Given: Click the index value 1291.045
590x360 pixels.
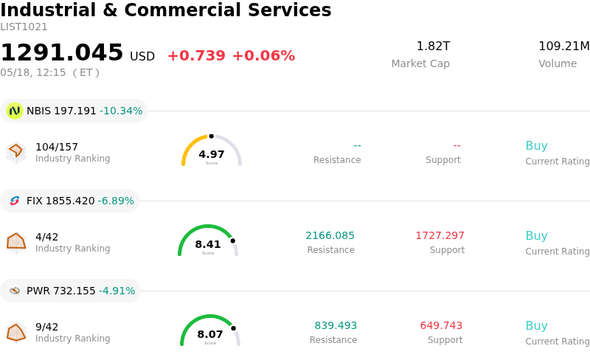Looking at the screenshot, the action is [x=62, y=52].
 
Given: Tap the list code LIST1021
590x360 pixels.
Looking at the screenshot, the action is [x=24, y=27].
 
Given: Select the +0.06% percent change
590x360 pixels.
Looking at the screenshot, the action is [x=263, y=56].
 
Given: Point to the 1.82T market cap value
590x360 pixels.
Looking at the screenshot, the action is [x=433, y=46].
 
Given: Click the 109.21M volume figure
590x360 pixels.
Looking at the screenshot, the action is [x=564, y=46].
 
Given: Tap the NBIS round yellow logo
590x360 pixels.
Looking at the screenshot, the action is [x=15, y=111].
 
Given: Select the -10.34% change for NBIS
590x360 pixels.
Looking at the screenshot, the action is [x=121, y=111].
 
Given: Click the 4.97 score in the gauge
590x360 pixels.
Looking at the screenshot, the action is [x=212, y=154].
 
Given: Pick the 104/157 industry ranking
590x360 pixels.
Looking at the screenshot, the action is [x=57, y=147].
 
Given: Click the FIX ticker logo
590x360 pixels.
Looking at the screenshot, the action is [x=15, y=201].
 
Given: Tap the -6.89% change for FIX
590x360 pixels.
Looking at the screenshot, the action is [x=116, y=201].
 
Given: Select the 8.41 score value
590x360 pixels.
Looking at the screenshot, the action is [x=208, y=244].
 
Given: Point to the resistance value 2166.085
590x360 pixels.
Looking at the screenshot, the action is [x=330, y=236].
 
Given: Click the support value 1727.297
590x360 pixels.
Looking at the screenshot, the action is [x=440, y=236].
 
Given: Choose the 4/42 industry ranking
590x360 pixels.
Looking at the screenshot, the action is [x=46, y=237].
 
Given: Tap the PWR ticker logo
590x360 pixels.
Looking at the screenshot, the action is [x=15, y=291].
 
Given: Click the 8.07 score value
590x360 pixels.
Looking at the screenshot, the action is [x=210, y=334].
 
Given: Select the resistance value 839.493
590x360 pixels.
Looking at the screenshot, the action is [x=336, y=326].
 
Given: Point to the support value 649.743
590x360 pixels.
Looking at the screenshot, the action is [x=441, y=326].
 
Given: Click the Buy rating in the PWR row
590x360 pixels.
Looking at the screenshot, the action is [x=537, y=326].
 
